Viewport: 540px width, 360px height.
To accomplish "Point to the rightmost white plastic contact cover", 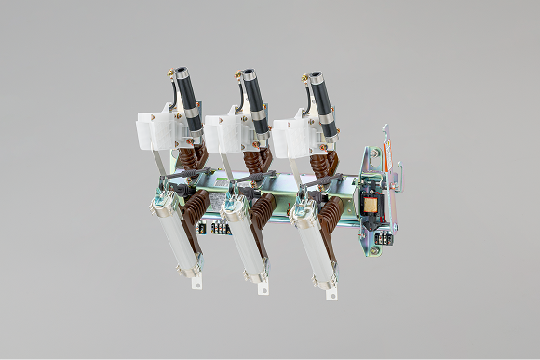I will pyautogui.click(x=290, y=136).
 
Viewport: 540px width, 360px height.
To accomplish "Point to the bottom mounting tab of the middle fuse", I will pyautogui.click(x=263, y=287).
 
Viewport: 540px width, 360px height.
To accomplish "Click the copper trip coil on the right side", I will pyautogui.click(x=371, y=205).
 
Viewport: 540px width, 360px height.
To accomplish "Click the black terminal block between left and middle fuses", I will pyautogui.click(x=221, y=227).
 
